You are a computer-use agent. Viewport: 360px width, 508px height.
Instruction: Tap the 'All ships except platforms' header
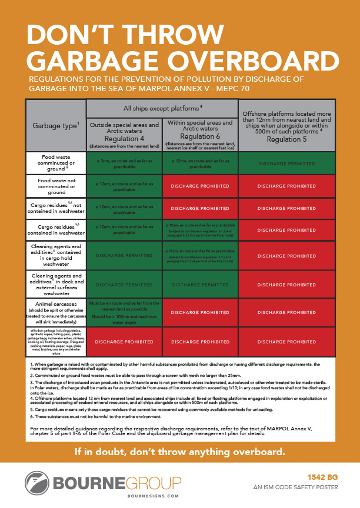click(160, 108)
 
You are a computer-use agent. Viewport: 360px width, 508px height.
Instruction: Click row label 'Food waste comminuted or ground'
click(56, 163)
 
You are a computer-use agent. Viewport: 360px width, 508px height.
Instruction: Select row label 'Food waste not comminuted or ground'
click(56, 186)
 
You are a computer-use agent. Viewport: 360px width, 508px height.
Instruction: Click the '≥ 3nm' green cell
click(124, 163)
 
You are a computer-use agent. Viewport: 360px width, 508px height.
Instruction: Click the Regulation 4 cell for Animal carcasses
click(124, 312)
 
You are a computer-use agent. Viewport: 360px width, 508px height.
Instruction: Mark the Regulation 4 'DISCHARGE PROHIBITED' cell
click(124, 342)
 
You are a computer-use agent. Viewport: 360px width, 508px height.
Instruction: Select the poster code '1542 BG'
click(322, 477)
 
